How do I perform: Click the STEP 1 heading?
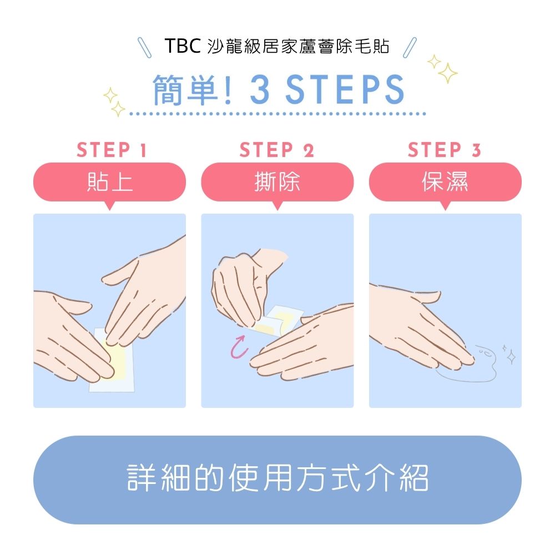(111, 150)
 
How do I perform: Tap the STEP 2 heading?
(277, 150)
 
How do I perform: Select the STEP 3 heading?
(445, 150)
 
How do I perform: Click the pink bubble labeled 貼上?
(109, 181)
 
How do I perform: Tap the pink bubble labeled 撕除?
(277, 181)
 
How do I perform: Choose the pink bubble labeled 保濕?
(445, 181)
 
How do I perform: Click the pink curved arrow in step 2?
(238, 346)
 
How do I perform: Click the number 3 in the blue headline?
(259, 90)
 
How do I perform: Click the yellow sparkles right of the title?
(443, 68)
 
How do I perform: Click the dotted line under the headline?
(277, 114)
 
